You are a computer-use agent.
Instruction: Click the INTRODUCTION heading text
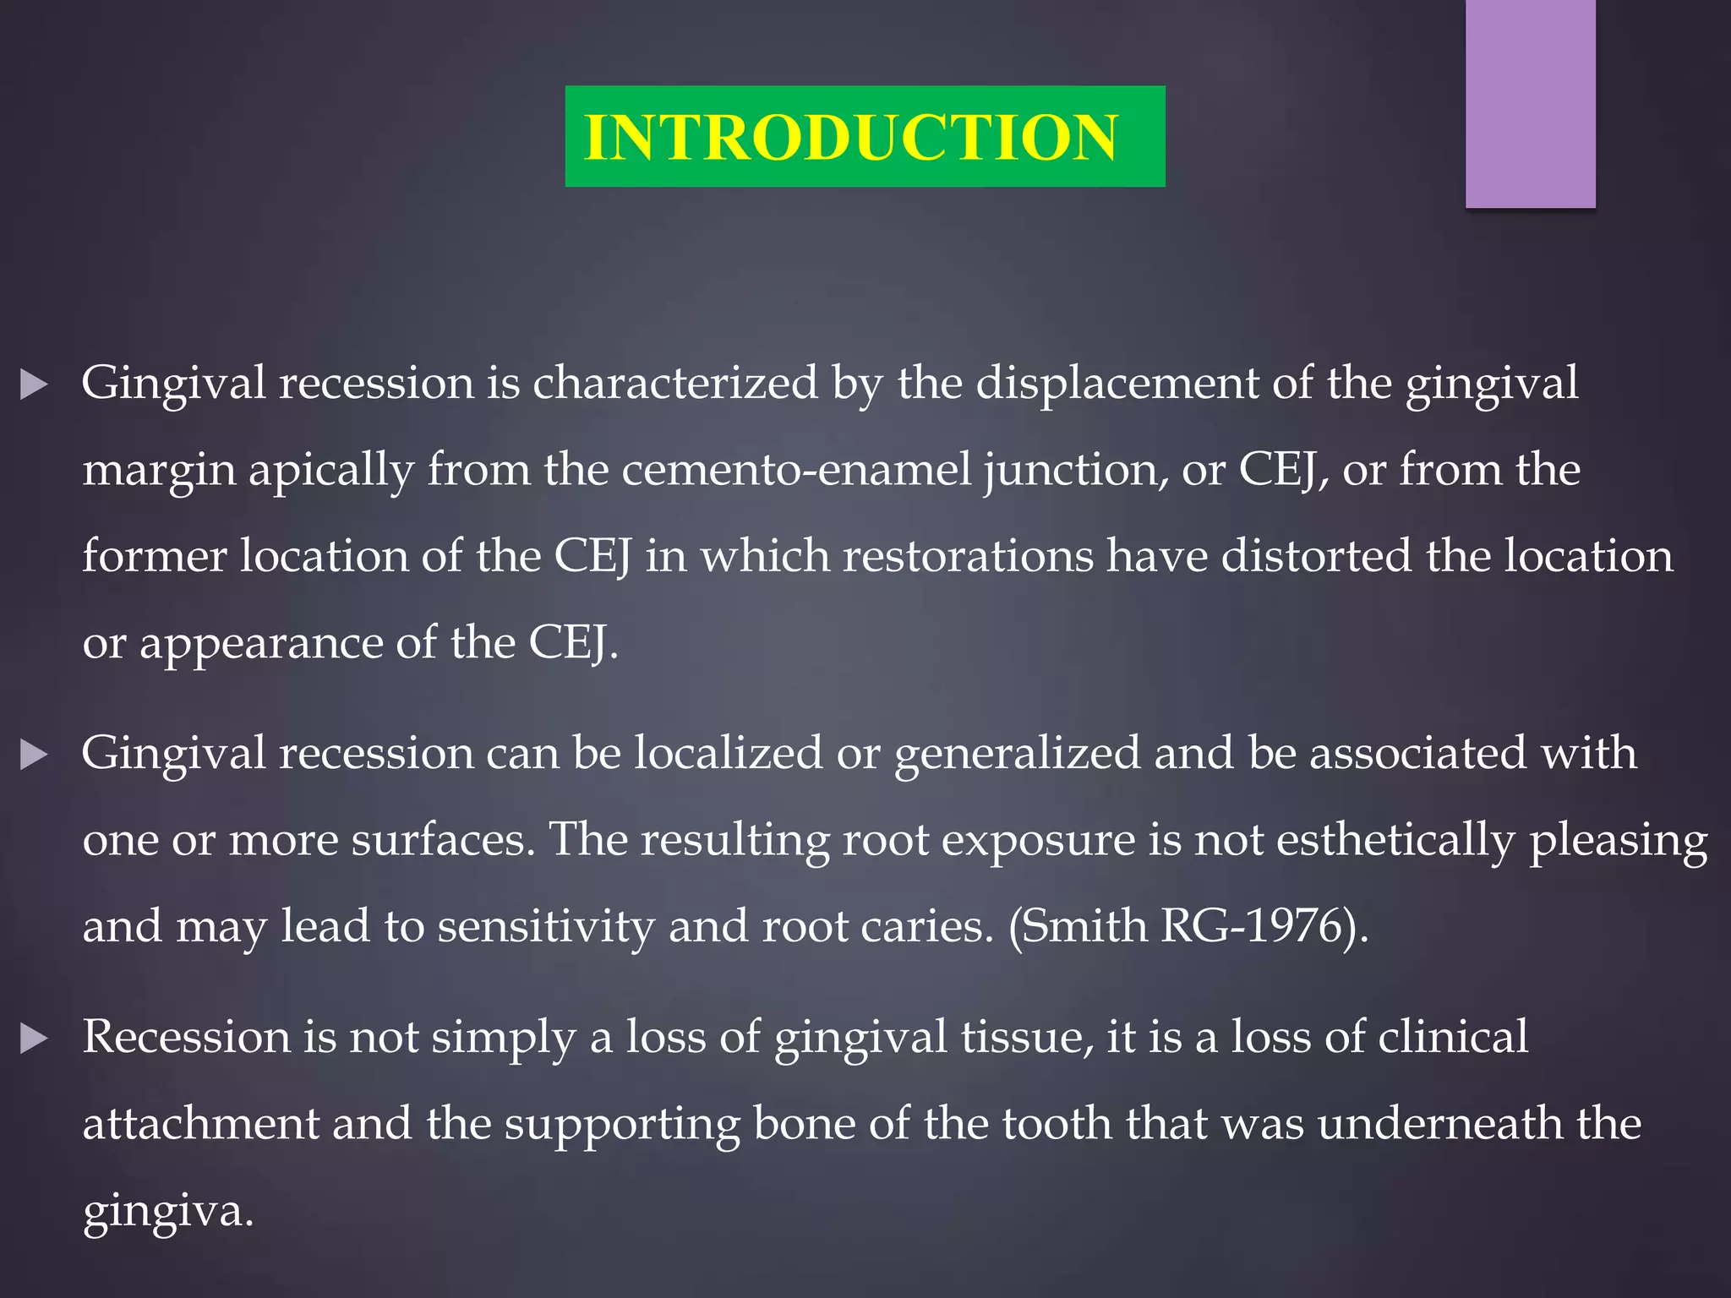[850, 137]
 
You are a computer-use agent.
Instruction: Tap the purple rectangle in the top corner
[1530, 103]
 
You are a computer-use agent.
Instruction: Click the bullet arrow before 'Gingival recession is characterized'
[34, 385]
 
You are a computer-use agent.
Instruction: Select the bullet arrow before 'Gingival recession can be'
[34, 755]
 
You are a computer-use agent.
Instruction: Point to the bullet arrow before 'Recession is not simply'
[34, 1039]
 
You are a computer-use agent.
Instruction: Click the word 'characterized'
[674, 384]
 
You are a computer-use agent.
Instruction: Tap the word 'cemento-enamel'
[796, 470]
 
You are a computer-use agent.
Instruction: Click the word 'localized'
[728, 753]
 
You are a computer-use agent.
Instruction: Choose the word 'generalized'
[1017, 755]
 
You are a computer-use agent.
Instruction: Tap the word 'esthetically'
[1395, 842]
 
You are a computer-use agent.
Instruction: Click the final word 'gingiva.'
[167, 1213]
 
